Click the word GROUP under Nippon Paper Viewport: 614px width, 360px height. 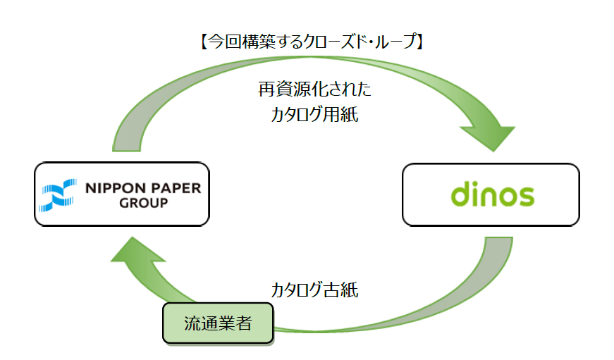tap(144, 204)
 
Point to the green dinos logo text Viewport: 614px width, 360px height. tap(492, 194)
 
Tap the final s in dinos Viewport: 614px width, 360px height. tap(524, 196)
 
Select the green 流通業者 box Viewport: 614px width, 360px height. tap(218, 324)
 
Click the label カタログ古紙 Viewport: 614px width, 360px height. tap(314, 290)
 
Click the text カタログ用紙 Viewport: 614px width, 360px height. tap(314, 116)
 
